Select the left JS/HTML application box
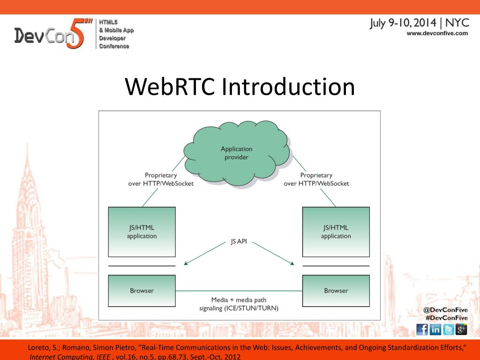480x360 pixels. coord(142,232)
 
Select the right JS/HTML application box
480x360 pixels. coord(336,232)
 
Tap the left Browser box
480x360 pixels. coord(142,291)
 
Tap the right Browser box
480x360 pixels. coord(336,291)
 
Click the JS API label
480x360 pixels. coord(239,242)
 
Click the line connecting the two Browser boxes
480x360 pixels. coord(239,291)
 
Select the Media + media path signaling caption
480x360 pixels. coord(239,304)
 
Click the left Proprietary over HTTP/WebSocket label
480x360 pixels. coord(161,179)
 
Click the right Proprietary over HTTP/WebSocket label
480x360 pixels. coord(316,179)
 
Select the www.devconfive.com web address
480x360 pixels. coord(437,33)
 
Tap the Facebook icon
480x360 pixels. coord(422,330)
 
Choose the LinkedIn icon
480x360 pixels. coord(435,330)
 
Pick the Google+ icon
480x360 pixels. coord(461,330)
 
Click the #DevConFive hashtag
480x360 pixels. coord(446,318)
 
